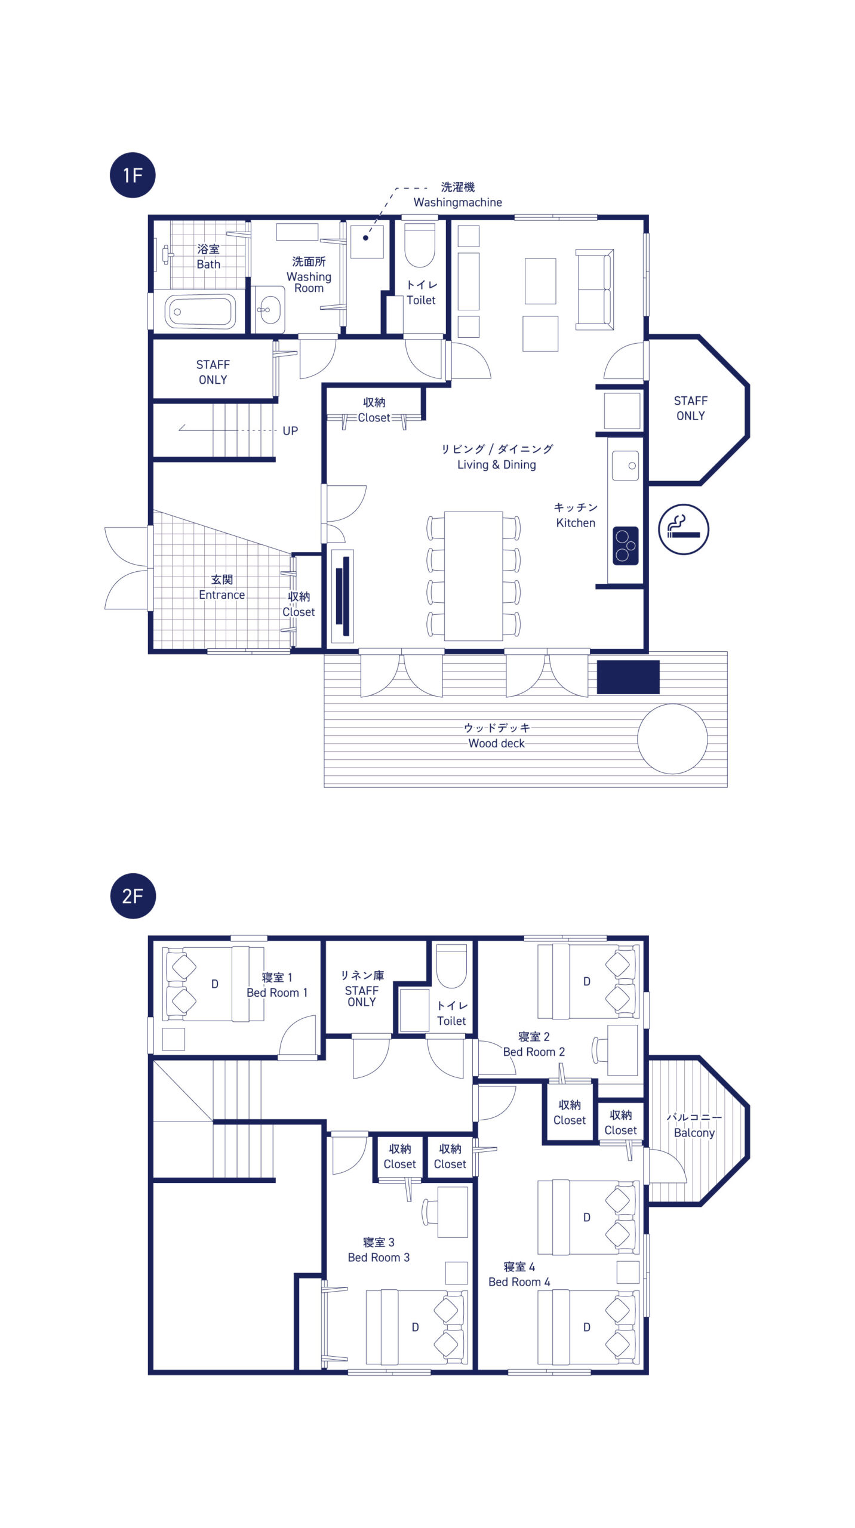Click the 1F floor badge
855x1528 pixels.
pos(133,175)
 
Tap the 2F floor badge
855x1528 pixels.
pos(133,896)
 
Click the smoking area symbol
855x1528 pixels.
pos(684,529)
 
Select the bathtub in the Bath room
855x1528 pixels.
pos(200,312)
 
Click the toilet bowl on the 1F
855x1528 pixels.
pos(420,245)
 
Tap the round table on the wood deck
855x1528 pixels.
pos(672,739)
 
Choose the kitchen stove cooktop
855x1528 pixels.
pos(625,546)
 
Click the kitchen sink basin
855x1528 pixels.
pos(625,466)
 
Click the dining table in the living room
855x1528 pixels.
pos(473,576)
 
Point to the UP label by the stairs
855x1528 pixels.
pos(290,431)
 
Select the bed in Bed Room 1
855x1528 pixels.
pos(213,984)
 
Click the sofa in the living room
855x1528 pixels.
pos(594,289)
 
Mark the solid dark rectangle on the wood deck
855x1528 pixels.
pos(628,677)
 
